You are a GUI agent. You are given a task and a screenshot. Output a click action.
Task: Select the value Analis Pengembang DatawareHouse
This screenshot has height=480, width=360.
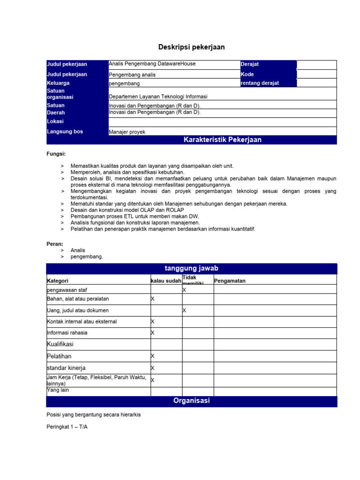click(152, 64)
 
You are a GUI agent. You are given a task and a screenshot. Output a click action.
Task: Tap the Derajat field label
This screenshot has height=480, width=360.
click(250, 64)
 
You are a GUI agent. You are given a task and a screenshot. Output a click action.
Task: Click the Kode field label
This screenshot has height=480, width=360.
click(247, 74)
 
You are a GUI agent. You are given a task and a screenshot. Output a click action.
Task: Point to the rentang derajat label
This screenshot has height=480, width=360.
click(260, 83)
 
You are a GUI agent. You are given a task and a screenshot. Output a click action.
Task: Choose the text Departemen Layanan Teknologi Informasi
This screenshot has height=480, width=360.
click(158, 97)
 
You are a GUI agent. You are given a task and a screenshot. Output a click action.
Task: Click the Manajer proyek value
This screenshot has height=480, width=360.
click(127, 132)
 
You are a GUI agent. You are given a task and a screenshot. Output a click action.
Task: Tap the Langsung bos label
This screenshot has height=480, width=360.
click(65, 132)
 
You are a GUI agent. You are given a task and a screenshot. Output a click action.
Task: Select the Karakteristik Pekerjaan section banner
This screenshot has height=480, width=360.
click(223, 140)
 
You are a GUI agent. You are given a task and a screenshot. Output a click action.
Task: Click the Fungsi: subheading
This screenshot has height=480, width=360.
click(56, 154)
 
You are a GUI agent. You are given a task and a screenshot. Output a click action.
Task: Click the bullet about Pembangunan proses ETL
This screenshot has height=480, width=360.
click(135, 216)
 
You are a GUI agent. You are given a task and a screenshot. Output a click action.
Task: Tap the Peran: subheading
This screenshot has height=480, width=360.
click(54, 244)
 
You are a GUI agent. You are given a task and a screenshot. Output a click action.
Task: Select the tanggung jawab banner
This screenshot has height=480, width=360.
click(191, 268)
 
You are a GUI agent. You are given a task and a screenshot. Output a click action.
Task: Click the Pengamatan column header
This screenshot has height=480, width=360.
click(230, 281)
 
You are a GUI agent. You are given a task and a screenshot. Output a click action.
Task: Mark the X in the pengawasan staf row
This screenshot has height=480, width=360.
click(184, 290)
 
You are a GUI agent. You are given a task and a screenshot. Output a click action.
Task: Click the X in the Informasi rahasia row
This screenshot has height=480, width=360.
click(152, 333)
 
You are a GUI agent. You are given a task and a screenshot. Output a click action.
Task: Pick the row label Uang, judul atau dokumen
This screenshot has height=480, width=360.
click(78, 310)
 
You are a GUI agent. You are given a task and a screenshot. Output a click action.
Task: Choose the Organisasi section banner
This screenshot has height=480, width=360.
click(191, 401)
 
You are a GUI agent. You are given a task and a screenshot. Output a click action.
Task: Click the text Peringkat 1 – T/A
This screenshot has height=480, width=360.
click(67, 427)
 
